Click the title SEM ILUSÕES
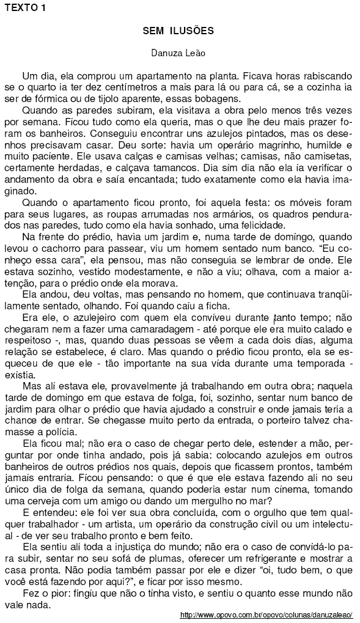tap(178, 30)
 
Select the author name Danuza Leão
tap(178, 53)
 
